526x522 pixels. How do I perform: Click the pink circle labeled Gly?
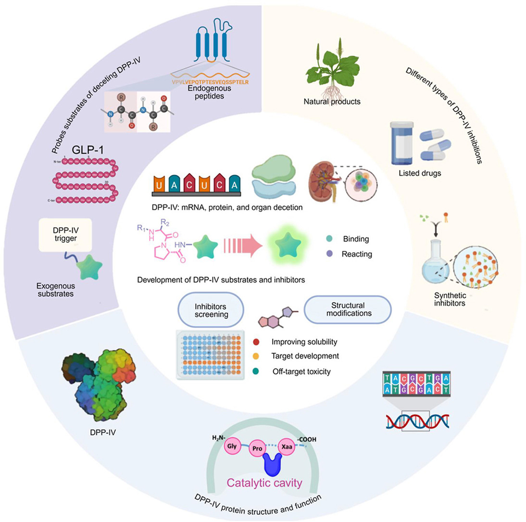click(x=232, y=445)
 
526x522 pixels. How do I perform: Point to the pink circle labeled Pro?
click(x=258, y=450)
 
